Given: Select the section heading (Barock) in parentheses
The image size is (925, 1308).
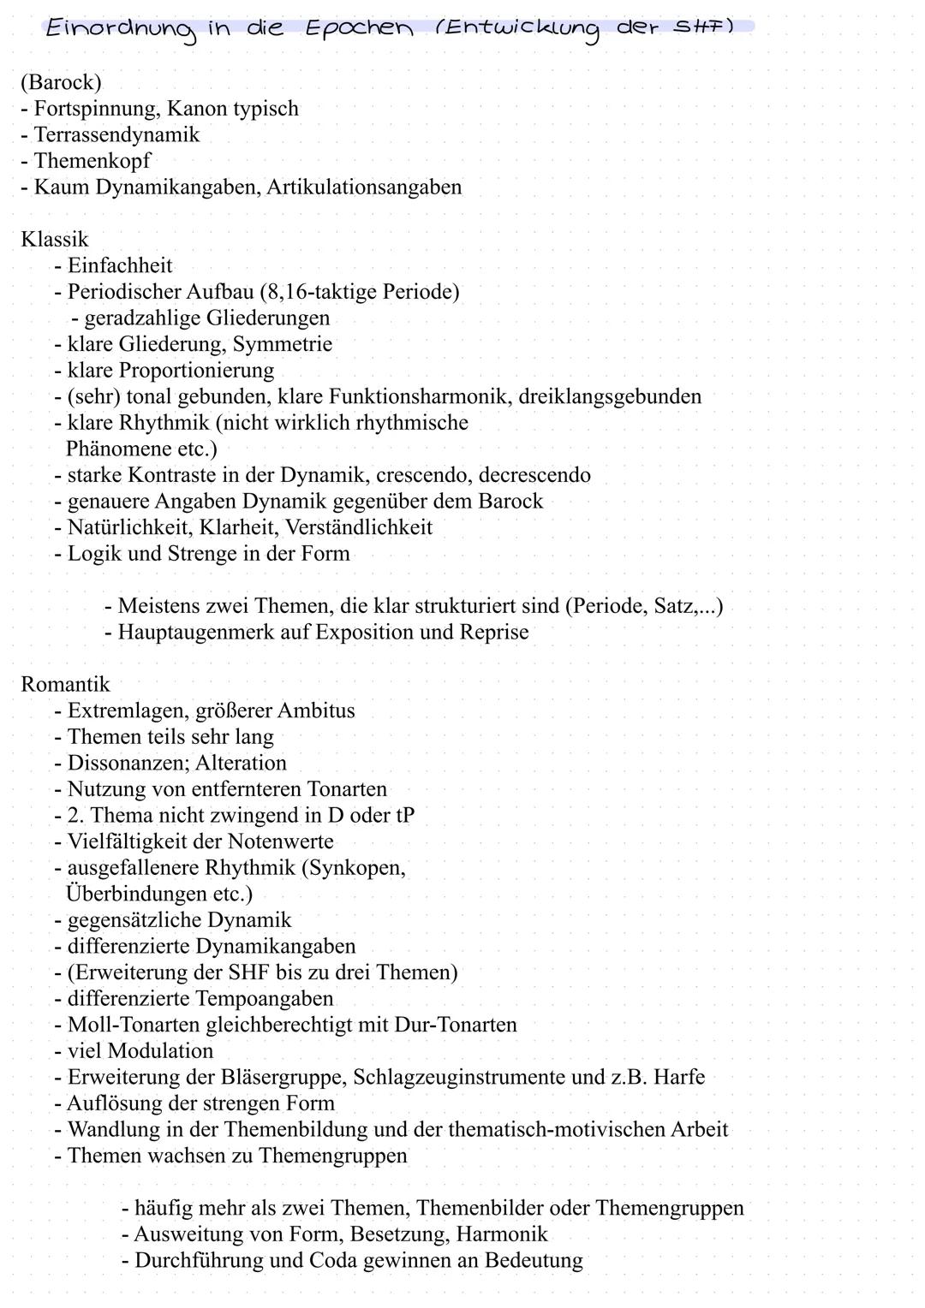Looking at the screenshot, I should click(61, 82).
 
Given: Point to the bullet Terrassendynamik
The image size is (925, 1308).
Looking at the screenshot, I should click(116, 134).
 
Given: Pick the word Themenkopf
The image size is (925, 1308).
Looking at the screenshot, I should click(92, 161).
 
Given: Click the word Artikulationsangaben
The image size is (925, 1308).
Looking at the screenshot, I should click(364, 187).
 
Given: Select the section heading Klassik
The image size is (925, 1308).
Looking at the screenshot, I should click(54, 239).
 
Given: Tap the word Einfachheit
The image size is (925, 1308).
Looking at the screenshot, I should click(120, 265).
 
